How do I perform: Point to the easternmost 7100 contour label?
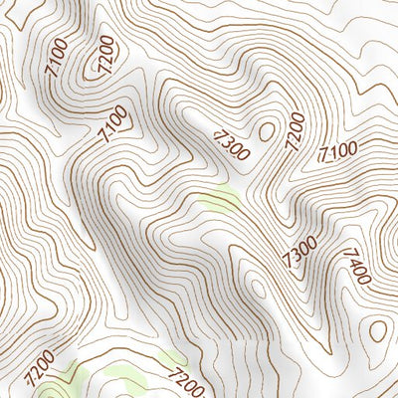tap(338, 151)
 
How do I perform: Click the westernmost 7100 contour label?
tap(57, 59)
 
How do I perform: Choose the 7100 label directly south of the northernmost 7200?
tap(113, 124)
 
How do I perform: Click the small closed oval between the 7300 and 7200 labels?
tap(266, 129)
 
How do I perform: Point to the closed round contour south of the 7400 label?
tap(376, 329)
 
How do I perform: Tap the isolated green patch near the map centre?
tap(221, 199)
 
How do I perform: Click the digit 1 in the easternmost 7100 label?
tap(332, 153)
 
